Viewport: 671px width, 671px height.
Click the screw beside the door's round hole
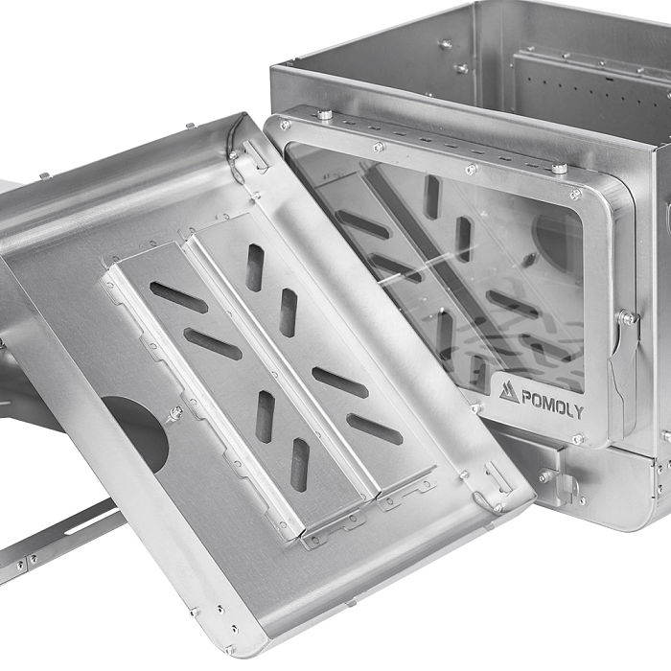pyautogui.click(x=175, y=413)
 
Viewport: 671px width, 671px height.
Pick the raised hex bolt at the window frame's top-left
pyautogui.click(x=325, y=114)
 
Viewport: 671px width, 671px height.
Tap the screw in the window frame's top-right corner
pyautogui.click(x=575, y=194)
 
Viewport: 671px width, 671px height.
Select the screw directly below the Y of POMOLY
pyautogui.click(x=577, y=439)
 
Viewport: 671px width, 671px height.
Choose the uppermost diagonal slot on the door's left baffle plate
pyautogui.click(x=178, y=297)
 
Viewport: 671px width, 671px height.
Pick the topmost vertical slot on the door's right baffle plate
pyautogui.click(x=255, y=266)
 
